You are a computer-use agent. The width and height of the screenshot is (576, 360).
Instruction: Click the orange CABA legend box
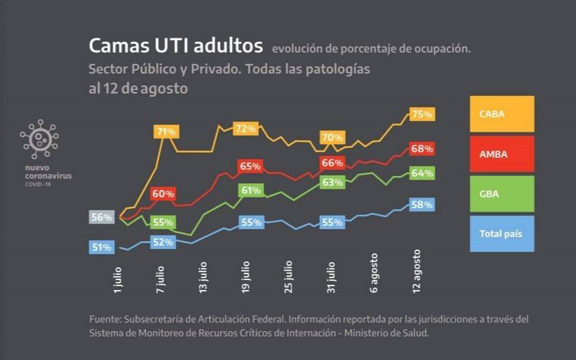tap(501, 114)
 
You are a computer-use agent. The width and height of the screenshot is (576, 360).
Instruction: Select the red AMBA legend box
tap(501, 154)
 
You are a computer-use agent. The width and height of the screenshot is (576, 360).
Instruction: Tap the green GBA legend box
tap(501, 193)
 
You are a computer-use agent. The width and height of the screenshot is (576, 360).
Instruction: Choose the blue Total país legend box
tap(501, 233)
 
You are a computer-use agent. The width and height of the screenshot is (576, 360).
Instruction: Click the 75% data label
tap(422, 114)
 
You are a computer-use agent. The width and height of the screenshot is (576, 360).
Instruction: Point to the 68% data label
tap(422, 148)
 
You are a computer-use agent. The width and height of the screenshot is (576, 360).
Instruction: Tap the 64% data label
tap(422, 173)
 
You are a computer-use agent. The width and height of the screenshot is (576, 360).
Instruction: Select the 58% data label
tap(422, 205)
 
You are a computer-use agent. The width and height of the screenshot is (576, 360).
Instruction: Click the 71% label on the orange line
tap(165, 132)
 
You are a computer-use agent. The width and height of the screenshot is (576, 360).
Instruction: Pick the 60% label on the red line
tap(163, 194)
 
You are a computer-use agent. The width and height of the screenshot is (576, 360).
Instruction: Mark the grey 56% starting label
tap(101, 217)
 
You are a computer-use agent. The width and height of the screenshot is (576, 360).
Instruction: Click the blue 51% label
tap(101, 247)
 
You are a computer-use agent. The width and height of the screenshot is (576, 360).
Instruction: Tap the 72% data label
tap(245, 128)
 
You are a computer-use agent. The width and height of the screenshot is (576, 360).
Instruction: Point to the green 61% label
tap(251, 190)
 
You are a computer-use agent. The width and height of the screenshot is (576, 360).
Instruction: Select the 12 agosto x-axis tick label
tap(416, 271)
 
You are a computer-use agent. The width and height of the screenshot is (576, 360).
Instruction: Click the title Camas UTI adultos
tap(175, 46)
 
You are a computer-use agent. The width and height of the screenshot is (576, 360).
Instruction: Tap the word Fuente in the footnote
tap(104, 319)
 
